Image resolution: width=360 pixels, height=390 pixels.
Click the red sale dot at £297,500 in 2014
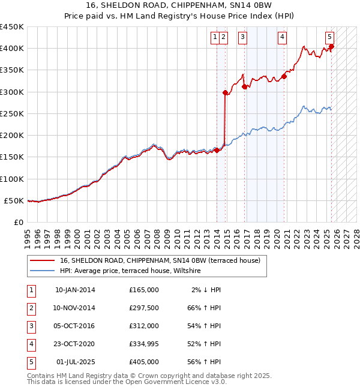tap(225, 92)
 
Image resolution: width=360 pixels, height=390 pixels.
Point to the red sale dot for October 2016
tap(244, 86)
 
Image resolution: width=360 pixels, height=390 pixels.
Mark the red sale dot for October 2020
tap(284, 76)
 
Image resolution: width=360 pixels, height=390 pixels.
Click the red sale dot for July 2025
tap(331, 47)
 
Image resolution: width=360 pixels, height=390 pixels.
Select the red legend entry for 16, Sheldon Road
tap(160, 260)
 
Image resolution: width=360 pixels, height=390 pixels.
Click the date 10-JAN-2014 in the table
tap(75, 290)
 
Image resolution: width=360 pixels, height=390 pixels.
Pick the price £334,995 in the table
tap(144, 344)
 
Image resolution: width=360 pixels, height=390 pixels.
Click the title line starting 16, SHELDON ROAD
tap(181, 6)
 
